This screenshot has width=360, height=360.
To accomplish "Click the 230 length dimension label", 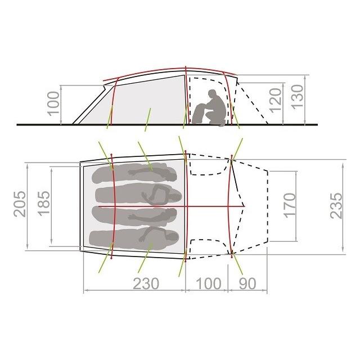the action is point(146,283).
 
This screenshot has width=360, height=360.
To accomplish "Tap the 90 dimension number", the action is point(247,283).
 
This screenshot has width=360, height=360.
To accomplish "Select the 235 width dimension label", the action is point(336,206).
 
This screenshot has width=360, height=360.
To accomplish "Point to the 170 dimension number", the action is point(290,205).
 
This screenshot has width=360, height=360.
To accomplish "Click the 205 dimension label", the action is point(20,204).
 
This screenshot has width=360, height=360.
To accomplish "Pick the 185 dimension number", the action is point(44,204).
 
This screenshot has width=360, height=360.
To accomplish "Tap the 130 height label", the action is point(298,96).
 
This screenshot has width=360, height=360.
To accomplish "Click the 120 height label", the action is point(275,100).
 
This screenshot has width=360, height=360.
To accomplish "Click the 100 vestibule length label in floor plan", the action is point(209,283).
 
